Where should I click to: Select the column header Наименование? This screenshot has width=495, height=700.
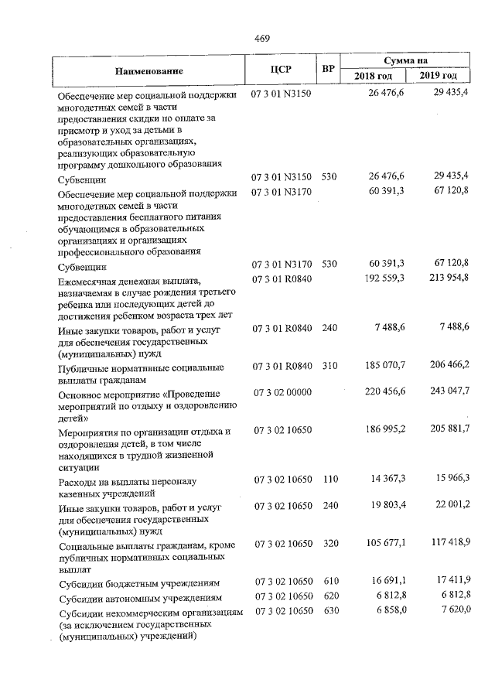pyautogui.click(x=149, y=71)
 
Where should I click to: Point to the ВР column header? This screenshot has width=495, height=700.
pyautogui.click(x=329, y=70)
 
